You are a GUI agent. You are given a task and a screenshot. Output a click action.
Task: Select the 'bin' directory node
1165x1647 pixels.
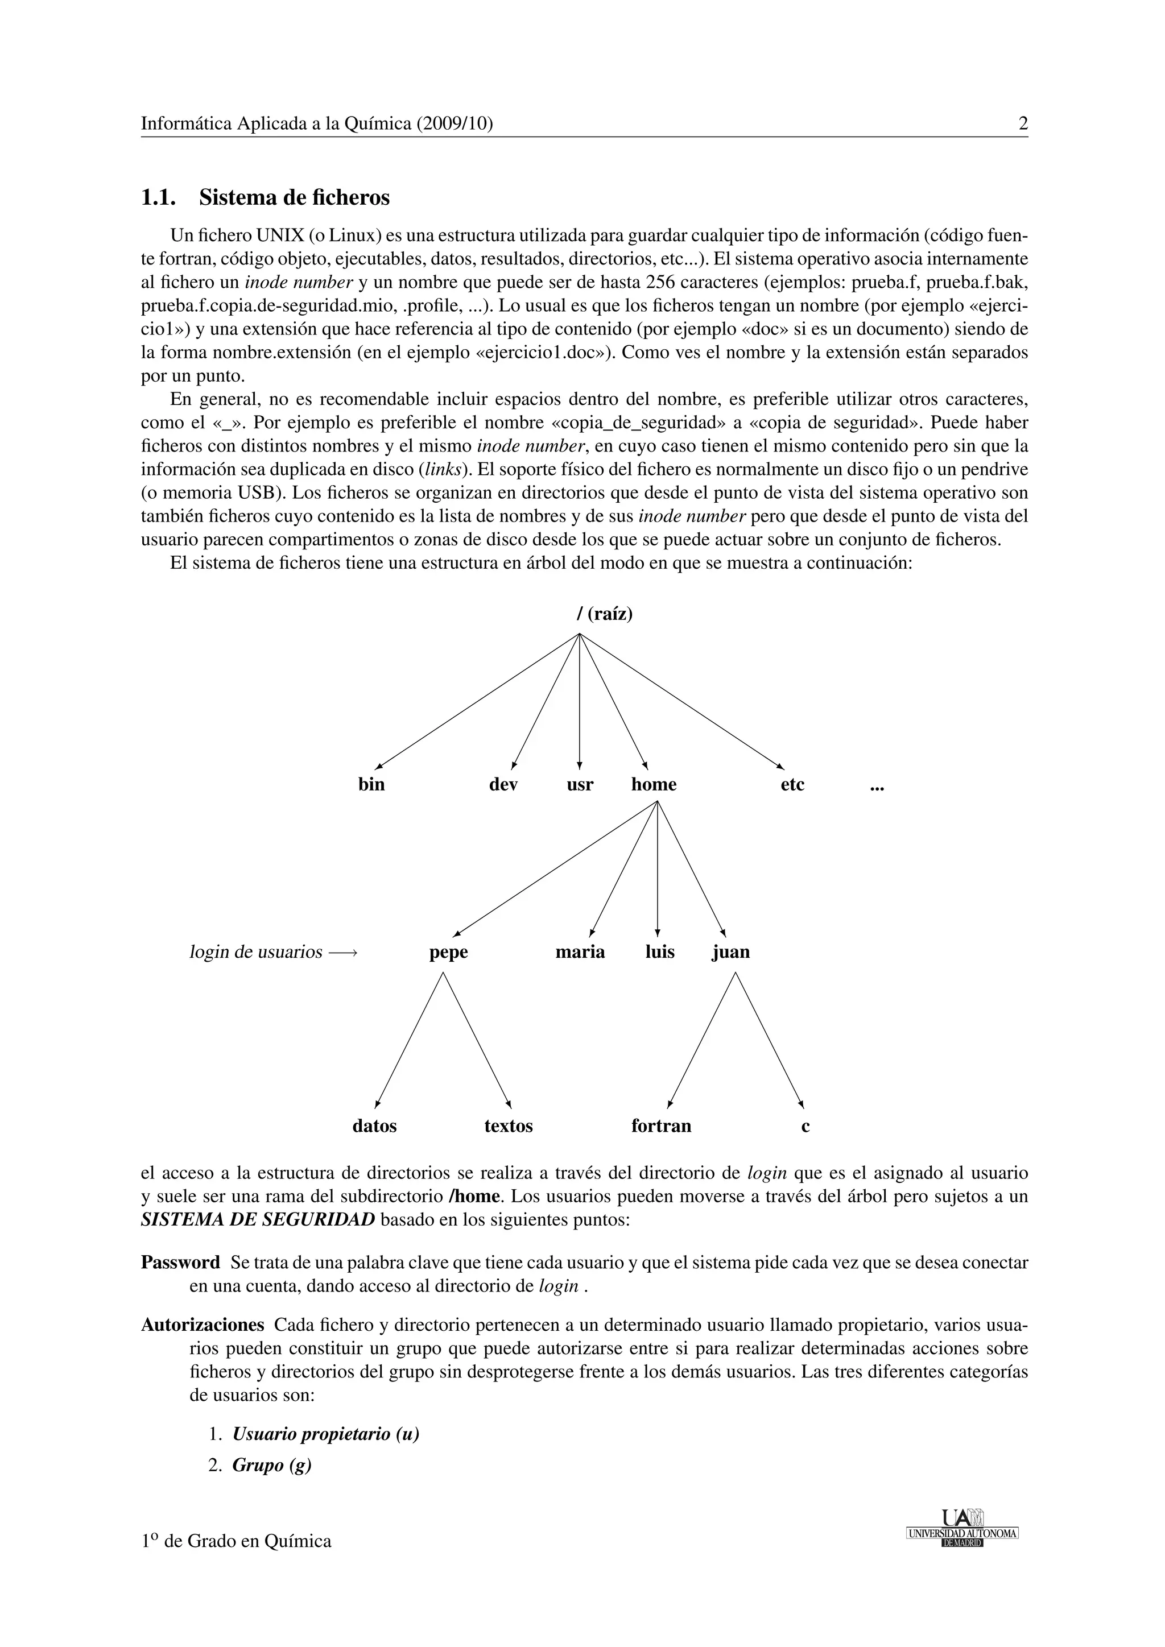[x=371, y=785]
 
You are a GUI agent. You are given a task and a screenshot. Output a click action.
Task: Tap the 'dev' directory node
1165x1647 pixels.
[x=503, y=785]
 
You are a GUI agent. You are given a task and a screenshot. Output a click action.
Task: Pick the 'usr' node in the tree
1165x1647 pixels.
[x=580, y=785]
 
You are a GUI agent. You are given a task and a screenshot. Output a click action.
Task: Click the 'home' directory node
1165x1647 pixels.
[x=654, y=785]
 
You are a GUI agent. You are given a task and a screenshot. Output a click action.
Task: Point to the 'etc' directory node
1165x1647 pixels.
[x=792, y=785]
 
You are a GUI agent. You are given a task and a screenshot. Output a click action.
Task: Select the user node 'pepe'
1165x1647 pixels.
[x=448, y=953]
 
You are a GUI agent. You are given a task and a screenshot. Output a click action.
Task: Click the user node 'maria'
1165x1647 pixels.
[x=580, y=952]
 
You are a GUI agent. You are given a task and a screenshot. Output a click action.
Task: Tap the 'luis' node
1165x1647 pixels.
[x=659, y=952]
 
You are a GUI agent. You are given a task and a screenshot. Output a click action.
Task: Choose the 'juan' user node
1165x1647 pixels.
[x=730, y=952]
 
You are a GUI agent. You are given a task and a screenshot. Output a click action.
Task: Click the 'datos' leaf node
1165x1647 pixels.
[x=374, y=1126]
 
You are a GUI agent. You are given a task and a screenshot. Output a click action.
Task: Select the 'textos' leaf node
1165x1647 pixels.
[x=508, y=1126]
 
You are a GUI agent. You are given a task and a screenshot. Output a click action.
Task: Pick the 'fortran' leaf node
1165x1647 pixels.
[x=660, y=1126]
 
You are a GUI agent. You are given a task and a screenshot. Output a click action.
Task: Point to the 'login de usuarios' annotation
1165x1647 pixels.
[x=255, y=952]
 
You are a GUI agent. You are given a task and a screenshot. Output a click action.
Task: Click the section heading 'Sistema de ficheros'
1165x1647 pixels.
[x=294, y=197]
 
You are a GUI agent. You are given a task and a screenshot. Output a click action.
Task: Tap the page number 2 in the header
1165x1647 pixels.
[x=1023, y=124]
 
